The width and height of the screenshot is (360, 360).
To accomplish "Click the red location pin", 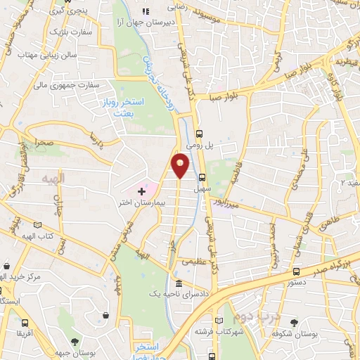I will [x=181, y=164].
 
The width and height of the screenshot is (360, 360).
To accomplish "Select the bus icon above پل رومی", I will [x=199, y=133].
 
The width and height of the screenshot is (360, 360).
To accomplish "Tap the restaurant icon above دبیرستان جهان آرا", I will [x=146, y=11].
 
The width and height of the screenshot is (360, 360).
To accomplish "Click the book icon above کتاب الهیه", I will [x=37, y=225].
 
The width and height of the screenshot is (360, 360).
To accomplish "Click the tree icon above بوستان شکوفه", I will [x=294, y=323].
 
